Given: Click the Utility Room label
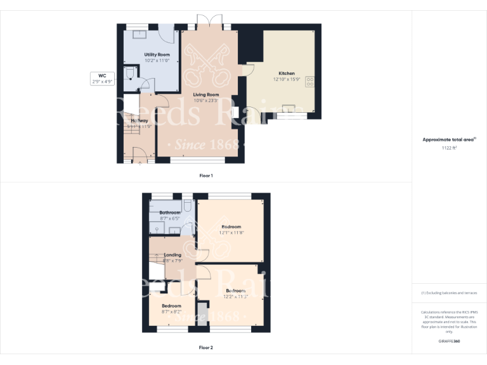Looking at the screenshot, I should [157, 55].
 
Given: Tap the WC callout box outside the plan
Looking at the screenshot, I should [98, 78].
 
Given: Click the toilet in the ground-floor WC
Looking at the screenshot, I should [129, 74].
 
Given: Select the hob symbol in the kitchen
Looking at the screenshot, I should [311, 82].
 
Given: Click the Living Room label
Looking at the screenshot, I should [205, 94].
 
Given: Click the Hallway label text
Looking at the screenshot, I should [139, 120].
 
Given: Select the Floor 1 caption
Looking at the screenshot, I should [206, 175].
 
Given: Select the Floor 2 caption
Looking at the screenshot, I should [206, 347].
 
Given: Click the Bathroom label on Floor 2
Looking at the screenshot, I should [169, 212].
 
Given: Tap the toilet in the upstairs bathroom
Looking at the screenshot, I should [188, 206].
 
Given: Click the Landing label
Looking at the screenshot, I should [172, 255].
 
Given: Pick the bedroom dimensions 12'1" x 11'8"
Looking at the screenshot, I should [231, 233].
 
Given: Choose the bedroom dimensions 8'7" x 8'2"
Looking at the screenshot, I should [171, 312].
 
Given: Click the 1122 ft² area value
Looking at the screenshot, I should [449, 148].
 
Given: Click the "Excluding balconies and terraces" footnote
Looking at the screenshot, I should [449, 293].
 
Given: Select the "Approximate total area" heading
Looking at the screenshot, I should [448, 139].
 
